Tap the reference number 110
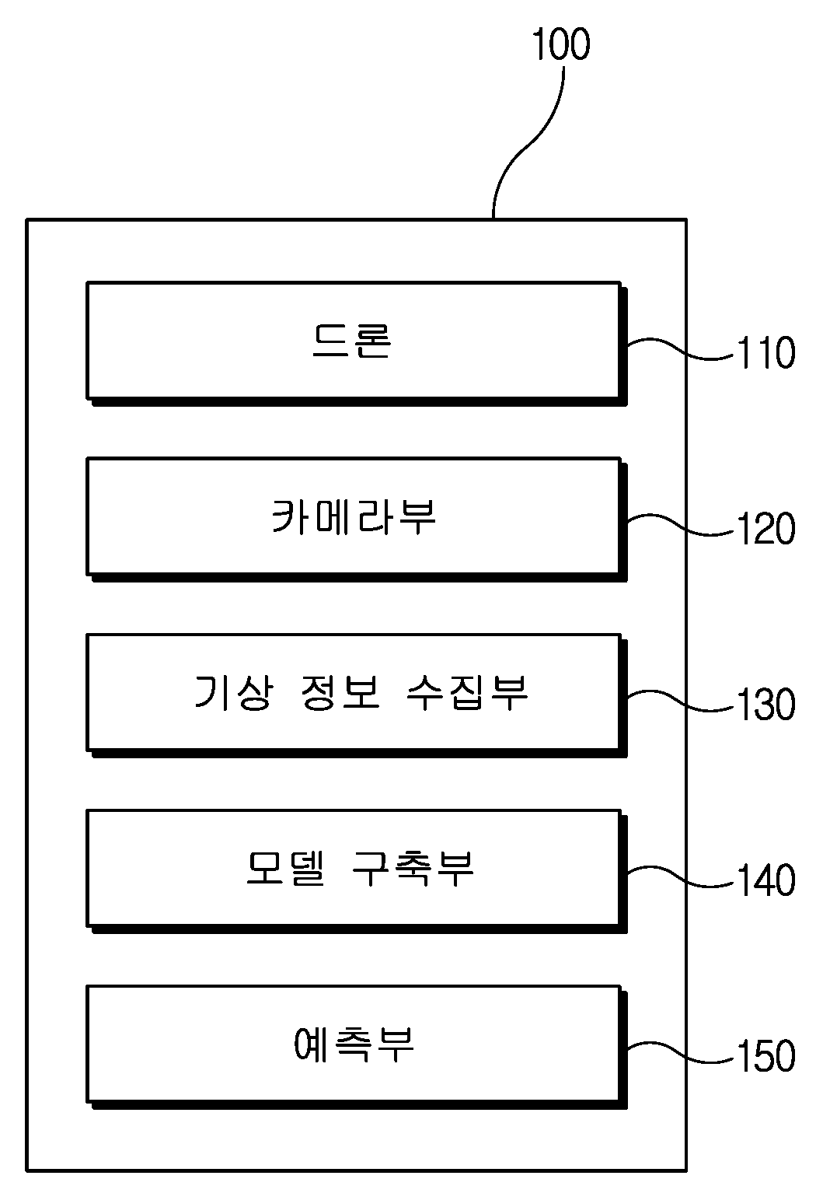coord(766,352)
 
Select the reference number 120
coord(766,528)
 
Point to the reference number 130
coord(766,704)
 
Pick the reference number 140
coord(766,880)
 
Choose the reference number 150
coord(766,1056)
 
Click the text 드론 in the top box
coord(352,341)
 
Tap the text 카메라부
coord(354,516)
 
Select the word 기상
coord(233,692)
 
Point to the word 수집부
coord(467,692)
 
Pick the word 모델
coord(285,868)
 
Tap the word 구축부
coord(413,868)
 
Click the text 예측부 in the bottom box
coord(354,1044)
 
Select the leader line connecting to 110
coord(680,348)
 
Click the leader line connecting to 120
coord(680,524)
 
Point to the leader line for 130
coord(680,700)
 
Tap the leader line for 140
coord(680,876)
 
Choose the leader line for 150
coord(680,1052)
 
